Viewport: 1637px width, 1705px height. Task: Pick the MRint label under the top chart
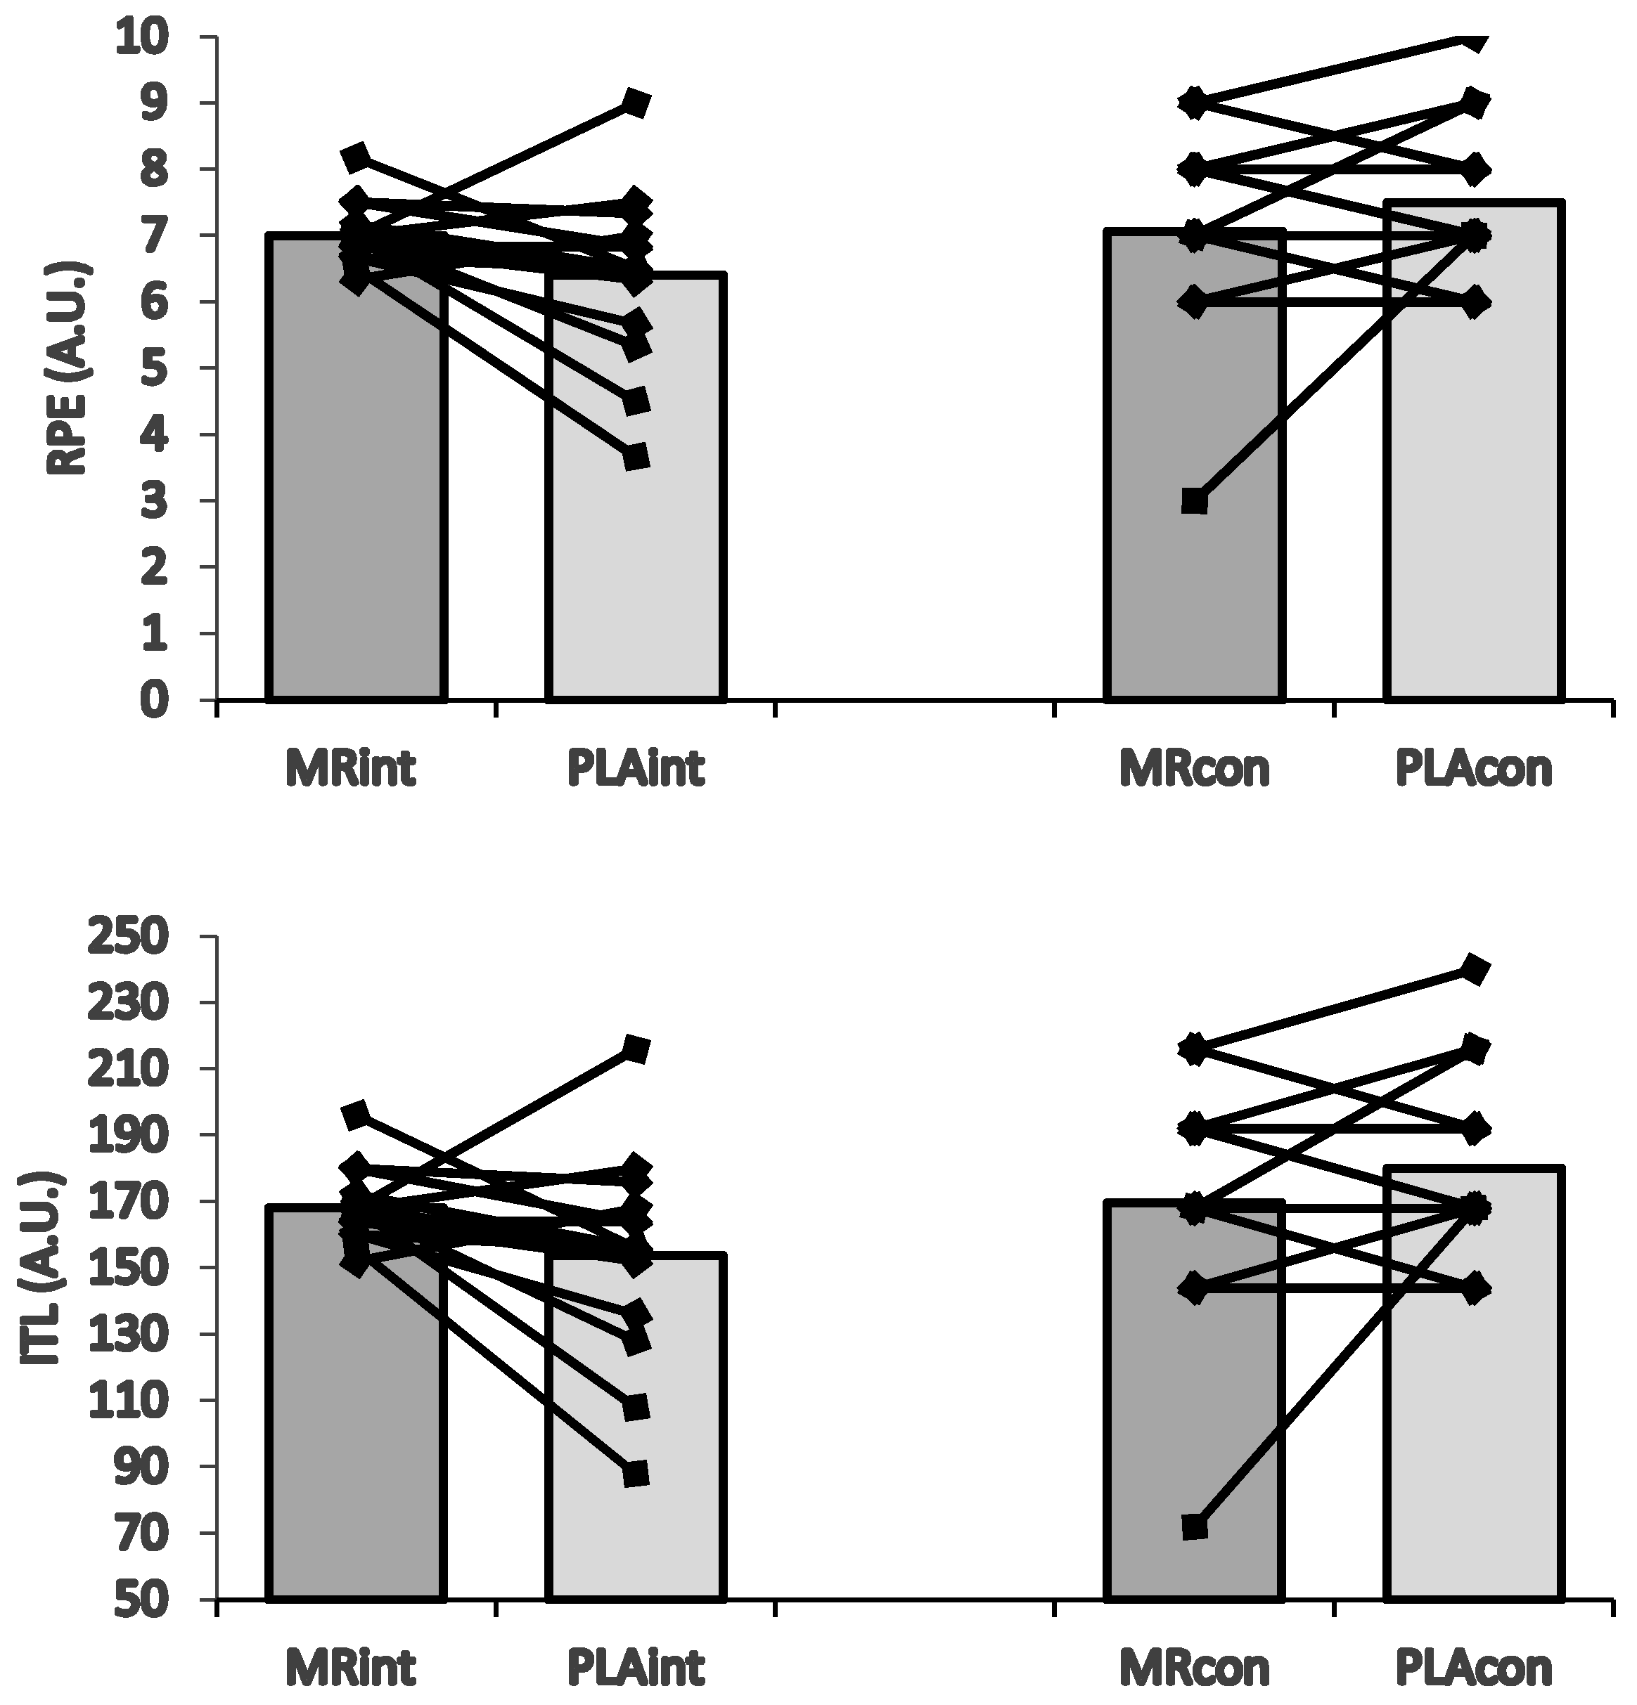[x=352, y=769]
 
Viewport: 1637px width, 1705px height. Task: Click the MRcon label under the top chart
[x=1195, y=769]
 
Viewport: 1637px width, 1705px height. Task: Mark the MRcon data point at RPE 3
[x=1194, y=501]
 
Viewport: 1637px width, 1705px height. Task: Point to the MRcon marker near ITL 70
[x=1194, y=1526]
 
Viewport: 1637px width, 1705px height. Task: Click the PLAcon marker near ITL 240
[x=1475, y=969]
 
